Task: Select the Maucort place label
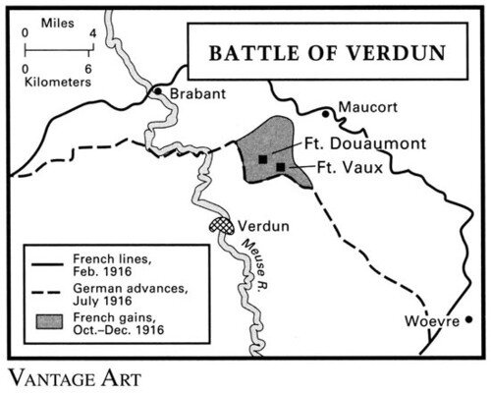[x=373, y=103]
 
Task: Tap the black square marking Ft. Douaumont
[x=262, y=157]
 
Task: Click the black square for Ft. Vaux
[x=281, y=167]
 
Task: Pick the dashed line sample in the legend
[x=45, y=293]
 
